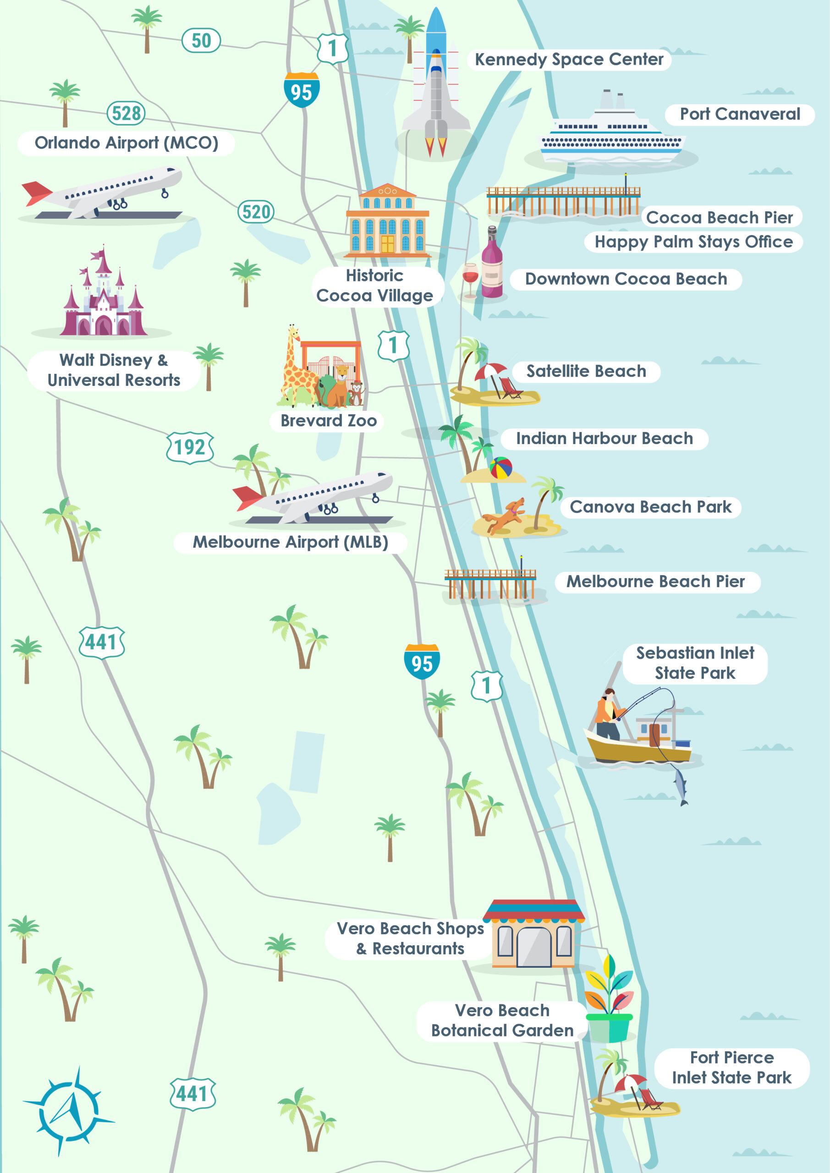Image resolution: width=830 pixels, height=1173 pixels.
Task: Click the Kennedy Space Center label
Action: [x=568, y=60]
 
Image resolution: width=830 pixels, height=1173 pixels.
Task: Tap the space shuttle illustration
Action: [x=435, y=87]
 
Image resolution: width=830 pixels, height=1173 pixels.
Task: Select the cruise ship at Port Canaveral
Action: [x=611, y=134]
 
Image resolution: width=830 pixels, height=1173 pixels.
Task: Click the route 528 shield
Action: [x=126, y=113]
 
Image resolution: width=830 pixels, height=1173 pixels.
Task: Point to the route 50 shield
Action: [x=201, y=41]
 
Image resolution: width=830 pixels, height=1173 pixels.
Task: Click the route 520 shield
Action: [x=256, y=212]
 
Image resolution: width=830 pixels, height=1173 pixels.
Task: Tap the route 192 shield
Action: [x=190, y=448]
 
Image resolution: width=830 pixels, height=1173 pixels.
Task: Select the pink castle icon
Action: [x=104, y=299]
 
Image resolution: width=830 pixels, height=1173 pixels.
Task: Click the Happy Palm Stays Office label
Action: [x=693, y=241]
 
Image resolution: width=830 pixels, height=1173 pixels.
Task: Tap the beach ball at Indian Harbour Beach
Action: [x=501, y=467]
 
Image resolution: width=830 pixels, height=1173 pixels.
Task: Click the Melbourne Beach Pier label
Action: [x=656, y=581]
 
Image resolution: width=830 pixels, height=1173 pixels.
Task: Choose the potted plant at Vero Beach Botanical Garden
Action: [x=609, y=1000]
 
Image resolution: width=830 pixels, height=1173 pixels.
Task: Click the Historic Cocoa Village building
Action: [x=387, y=221]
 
